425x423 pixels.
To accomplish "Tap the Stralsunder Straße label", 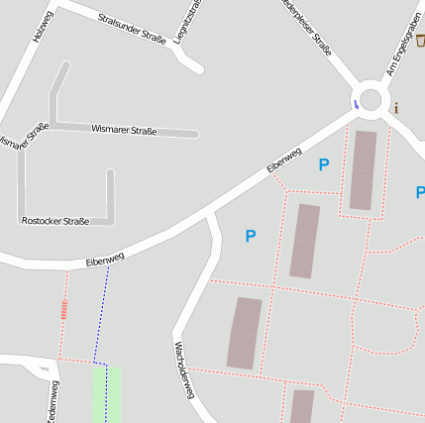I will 132,30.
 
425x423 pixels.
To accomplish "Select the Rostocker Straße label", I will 55,221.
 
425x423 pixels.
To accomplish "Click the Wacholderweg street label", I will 182,370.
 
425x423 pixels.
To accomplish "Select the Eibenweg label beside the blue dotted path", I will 105,260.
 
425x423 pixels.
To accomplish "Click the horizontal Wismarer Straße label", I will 124,130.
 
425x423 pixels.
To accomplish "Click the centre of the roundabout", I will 372,98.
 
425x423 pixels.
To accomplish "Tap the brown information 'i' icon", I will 396,108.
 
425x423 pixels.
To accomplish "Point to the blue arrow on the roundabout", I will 356,103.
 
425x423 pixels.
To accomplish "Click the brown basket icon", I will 420,41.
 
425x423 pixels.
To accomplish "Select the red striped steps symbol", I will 64,310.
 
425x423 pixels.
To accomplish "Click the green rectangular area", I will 106,393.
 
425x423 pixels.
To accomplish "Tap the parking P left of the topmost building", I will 323,165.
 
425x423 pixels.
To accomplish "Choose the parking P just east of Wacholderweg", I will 251,236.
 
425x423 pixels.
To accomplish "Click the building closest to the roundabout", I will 364,169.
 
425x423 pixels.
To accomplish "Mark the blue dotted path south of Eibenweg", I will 101,317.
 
